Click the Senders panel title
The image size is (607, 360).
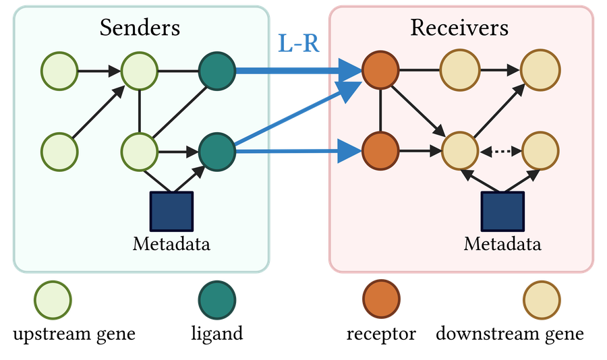coord(140,28)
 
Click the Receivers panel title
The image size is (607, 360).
coord(459,28)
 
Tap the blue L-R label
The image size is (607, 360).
coord(299,43)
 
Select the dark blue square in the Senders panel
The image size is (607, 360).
coord(171,212)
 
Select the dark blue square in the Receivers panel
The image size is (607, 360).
coord(502,212)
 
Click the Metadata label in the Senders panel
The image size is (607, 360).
coord(171,244)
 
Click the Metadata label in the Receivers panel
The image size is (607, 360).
coord(502,244)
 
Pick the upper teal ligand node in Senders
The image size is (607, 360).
coord(217,71)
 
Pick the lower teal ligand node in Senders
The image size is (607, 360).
coord(217,152)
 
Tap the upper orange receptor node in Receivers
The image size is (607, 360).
coord(381,71)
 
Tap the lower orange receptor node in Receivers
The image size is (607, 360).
coord(381,151)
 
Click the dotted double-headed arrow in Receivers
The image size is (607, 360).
coord(500,152)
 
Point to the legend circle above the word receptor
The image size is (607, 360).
coord(381,299)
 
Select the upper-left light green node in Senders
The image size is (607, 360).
coord(59,71)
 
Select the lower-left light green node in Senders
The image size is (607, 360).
coord(59,152)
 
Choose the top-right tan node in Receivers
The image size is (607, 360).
coord(540,70)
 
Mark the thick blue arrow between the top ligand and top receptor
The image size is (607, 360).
coord(299,71)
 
